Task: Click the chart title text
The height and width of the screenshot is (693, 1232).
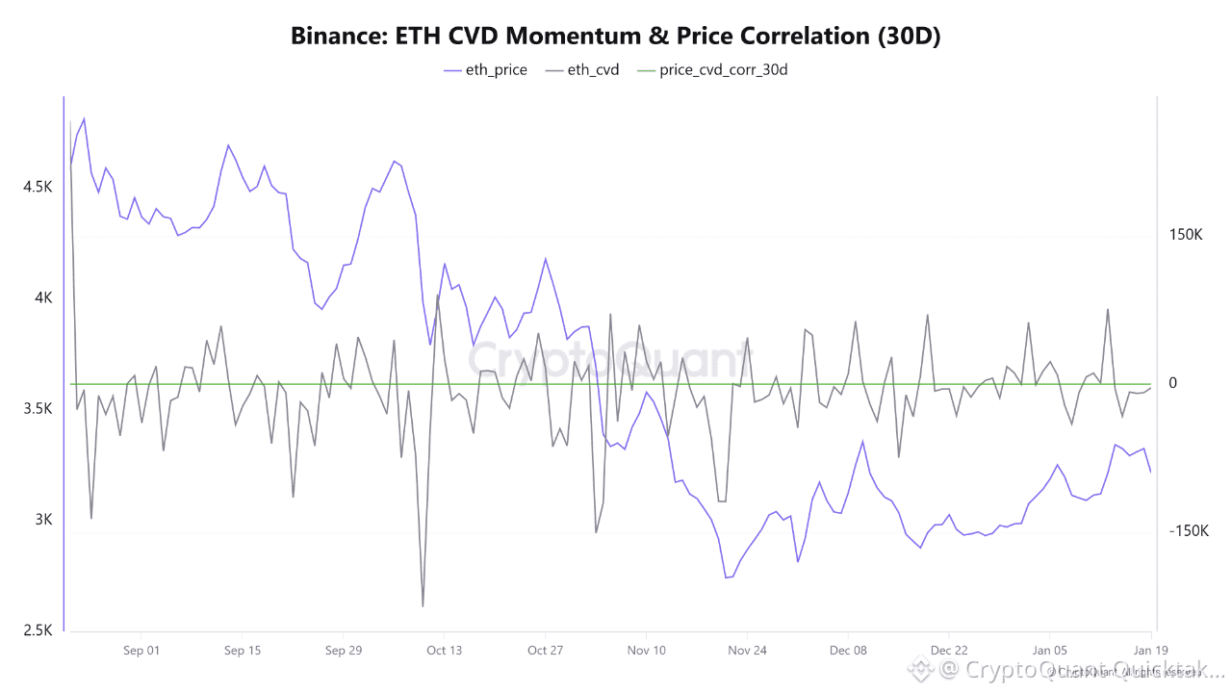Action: tap(616, 37)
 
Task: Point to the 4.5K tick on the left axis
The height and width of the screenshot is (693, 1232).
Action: tap(38, 187)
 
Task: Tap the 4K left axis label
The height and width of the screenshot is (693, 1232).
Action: tap(43, 298)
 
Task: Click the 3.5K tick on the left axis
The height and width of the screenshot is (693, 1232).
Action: tap(38, 409)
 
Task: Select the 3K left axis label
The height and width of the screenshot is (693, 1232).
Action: tap(43, 520)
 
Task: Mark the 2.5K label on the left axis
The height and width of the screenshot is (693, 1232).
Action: tap(38, 630)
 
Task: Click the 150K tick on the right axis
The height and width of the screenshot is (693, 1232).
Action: tap(1186, 235)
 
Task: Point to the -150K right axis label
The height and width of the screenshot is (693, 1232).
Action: tap(1188, 531)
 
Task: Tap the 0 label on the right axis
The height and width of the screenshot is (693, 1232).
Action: tap(1172, 383)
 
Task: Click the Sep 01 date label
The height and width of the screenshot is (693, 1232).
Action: tap(141, 651)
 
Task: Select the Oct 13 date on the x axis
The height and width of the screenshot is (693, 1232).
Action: tap(444, 651)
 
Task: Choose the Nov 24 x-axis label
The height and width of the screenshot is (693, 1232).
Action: tap(747, 651)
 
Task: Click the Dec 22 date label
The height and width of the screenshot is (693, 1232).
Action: tap(949, 651)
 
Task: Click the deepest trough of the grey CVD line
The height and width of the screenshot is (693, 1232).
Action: tap(423, 606)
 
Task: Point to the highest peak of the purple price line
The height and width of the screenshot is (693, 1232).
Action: tap(84, 118)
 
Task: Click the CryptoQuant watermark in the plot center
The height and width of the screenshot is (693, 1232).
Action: tap(608, 359)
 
